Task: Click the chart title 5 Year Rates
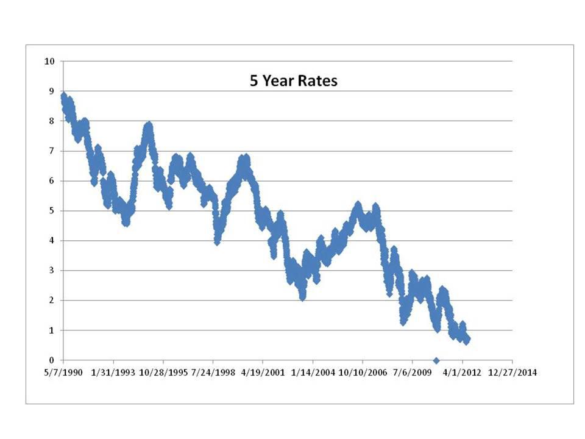click(x=293, y=80)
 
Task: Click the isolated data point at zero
click(x=436, y=360)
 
